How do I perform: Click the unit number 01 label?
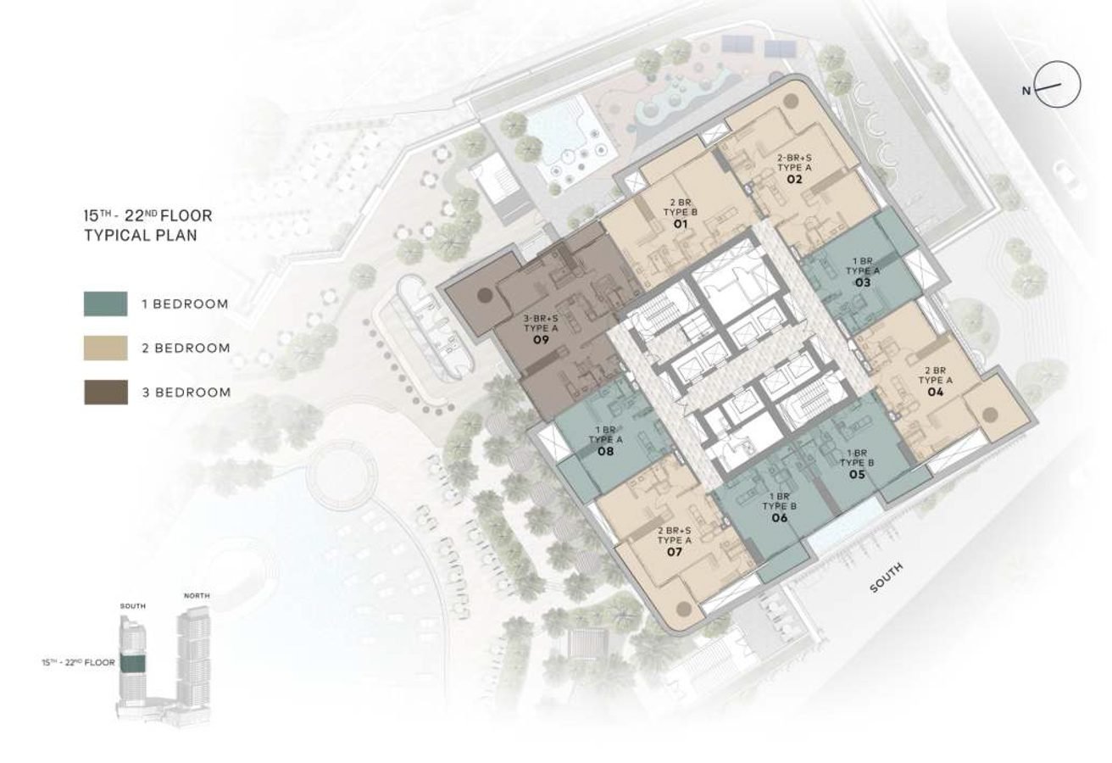click(679, 225)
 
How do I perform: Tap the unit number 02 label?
click(794, 180)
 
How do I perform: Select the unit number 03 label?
click(863, 281)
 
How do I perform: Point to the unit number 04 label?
click(936, 392)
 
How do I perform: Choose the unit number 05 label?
click(857, 475)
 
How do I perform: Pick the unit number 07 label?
click(675, 552)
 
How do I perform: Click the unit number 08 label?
click(605, 452)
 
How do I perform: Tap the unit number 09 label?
click(537, 339)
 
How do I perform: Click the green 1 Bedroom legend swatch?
click(106, 304)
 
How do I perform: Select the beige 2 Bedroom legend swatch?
click(106, 348)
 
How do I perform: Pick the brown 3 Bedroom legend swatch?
click(106, 392)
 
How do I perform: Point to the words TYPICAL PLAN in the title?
click(141, 236)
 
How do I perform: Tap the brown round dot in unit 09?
click(484, 296)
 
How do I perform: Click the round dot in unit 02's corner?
click(791, 101)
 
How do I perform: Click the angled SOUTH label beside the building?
click(887, 577)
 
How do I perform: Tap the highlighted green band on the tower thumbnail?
click(131, 664)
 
